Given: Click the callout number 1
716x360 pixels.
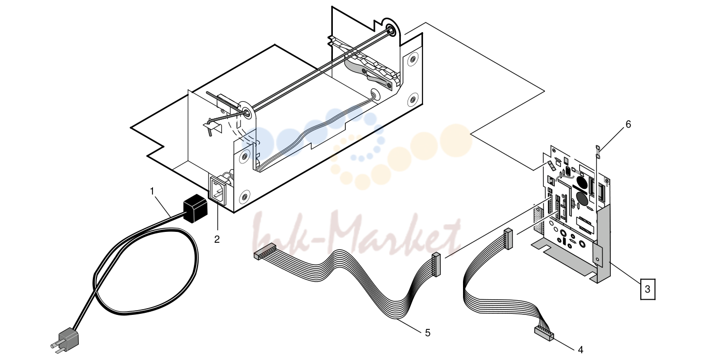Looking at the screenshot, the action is [x=152, y=191].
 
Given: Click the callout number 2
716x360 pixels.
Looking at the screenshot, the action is [x=217, y=239].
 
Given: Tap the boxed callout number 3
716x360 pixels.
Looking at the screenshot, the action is [x=648, y=289].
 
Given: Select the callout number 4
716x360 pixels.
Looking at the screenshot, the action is [x=581, y=350].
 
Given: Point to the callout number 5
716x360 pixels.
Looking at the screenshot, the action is [x=428, y=333].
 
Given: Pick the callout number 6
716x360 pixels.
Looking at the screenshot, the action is [x=628, y=124].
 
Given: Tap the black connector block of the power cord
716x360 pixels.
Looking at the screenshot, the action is [x=195, y=208].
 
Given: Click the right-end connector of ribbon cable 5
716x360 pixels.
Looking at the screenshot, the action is [x=437, y=264].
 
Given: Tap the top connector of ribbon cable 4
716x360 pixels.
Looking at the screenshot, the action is [x=508, y=239].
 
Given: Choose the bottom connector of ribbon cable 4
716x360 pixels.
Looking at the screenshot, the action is [x=544, y=334].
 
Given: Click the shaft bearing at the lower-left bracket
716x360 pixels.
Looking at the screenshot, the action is [x=246, y=113].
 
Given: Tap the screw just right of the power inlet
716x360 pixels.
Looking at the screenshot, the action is [x=245, y=196].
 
